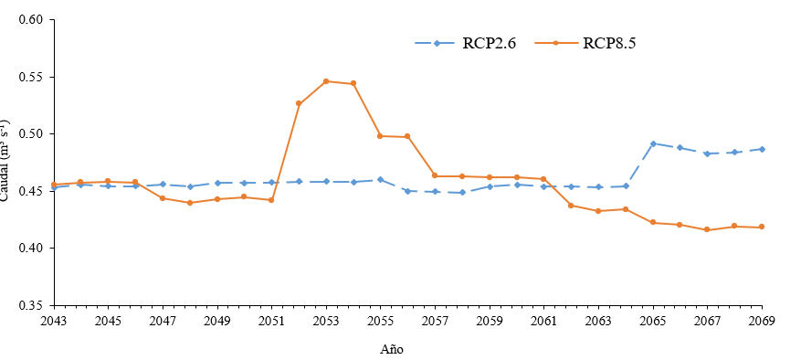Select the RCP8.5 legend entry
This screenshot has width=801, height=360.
[609, 43]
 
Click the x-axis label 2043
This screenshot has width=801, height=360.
[54, 321]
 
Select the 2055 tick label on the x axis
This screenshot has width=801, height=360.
[380, 321]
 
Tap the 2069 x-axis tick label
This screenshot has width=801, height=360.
[762, 321]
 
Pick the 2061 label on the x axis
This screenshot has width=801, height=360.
[543, 321]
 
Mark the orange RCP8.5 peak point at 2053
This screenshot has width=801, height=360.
[326, 81]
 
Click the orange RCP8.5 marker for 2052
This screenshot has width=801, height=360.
[299, 103]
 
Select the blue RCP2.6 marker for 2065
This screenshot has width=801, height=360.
[653, 143]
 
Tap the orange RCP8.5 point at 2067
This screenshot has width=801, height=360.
[707, 229]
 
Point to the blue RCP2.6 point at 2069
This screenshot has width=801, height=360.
[762, 149]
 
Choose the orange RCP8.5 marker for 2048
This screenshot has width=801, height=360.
[190, 203]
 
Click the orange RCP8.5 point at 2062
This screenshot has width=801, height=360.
[571, 206]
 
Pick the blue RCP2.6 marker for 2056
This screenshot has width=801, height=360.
[407, 191]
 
